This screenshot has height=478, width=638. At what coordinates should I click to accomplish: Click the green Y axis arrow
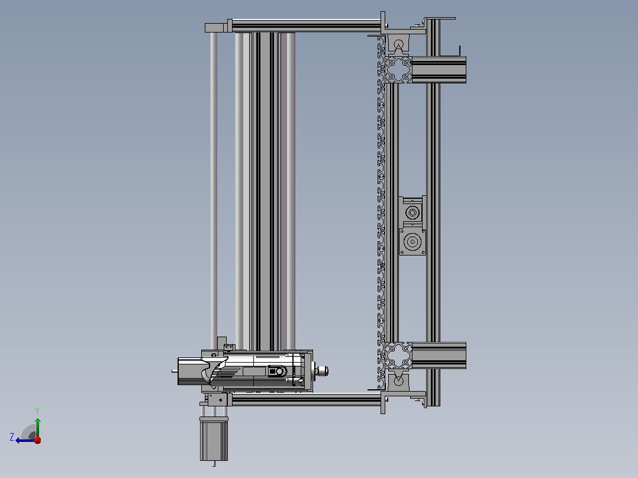(x=37, y=427)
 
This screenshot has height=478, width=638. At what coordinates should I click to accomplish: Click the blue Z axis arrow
(x=25, y=440)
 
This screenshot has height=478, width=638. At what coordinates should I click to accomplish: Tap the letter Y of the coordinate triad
(x=37, y=411)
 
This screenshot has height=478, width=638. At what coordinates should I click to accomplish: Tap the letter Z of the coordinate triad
(x=12, y=437)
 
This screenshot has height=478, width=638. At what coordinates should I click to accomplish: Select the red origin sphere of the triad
(x=38, y=440)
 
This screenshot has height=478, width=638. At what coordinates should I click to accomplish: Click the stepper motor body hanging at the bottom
(x=214, y=439)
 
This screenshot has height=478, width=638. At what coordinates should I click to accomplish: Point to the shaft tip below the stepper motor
(x=214, y=464)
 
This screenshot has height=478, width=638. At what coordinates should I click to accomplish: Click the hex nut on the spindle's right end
(x=322, y=371)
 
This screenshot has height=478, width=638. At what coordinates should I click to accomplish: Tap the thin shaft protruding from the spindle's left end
(x=175, y=371)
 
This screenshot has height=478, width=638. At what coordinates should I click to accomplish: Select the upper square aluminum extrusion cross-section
(x=398, y=70)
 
